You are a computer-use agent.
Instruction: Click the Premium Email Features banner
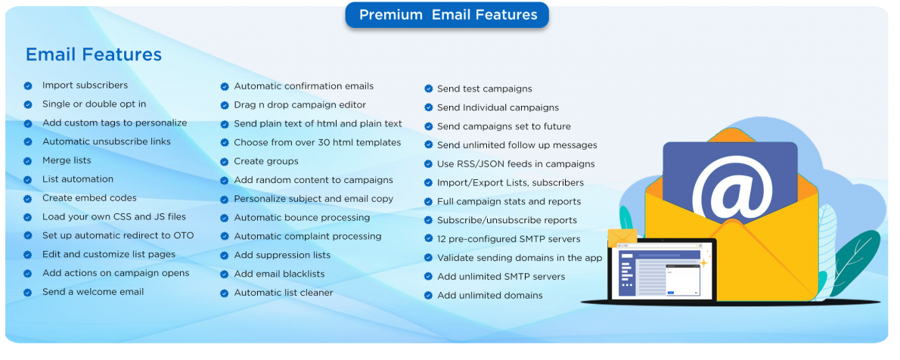click(448, 15)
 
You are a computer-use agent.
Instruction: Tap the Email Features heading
click(94, 54)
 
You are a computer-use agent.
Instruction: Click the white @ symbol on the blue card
click(730, 188)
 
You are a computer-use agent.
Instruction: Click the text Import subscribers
click(85, 85)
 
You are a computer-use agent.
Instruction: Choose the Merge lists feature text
click(67, 160)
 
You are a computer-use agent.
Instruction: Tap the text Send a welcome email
click(93, 292)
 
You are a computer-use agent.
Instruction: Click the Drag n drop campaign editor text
click(299, 105)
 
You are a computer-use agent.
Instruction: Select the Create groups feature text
click(266, 161)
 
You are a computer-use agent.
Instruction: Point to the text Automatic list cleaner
click(284, 293)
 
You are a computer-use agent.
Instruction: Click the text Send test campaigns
click(484, 89)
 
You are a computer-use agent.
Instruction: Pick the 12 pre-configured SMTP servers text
click(509, 239)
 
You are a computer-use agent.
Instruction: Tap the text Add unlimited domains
click(489, 296)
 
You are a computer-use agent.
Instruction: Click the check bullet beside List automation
click(28, 180)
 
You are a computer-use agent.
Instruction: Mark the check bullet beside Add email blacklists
click(225, 275)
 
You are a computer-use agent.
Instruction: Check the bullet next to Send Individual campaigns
click(428, 108)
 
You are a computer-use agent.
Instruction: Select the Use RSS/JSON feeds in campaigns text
click(516, 164)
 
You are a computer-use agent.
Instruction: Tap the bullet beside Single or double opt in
click(28, 104)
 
